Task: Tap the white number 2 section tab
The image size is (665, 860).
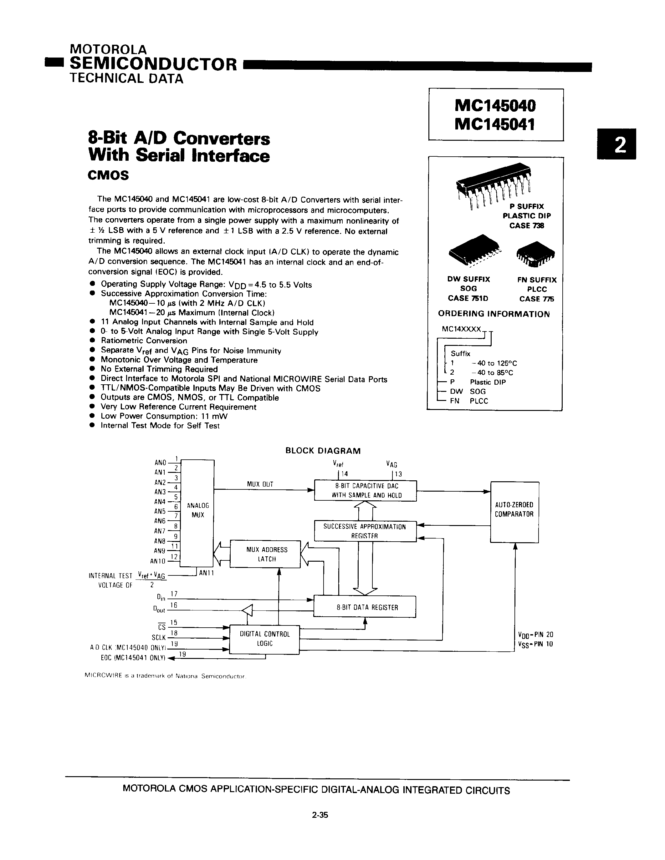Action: [616, 144]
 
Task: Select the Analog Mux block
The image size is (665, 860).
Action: [198, 510]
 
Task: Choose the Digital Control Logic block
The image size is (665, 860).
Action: [265, 639]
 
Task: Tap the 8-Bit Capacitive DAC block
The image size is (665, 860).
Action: [365, 491]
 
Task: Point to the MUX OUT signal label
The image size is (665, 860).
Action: [260, 484]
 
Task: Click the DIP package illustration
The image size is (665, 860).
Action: [493, 183]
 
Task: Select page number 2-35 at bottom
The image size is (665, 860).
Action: [320, 815]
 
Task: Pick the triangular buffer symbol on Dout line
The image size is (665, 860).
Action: [247, 611]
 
